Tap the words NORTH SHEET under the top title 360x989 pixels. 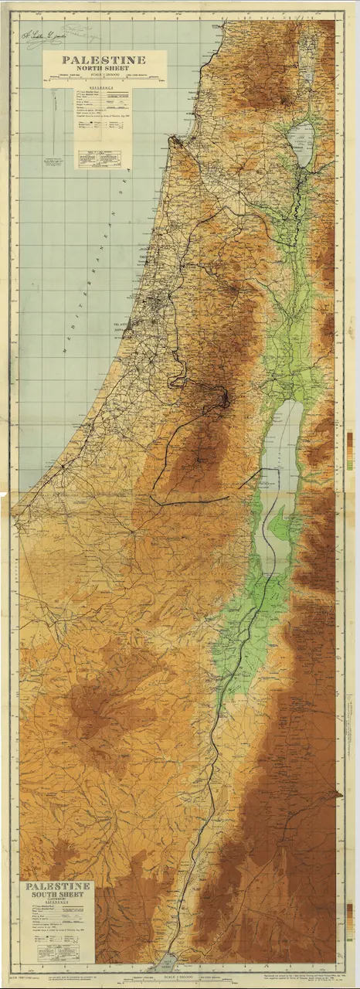coord(103,68)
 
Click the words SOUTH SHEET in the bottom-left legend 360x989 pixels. coord(59,895)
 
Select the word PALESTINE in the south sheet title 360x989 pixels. coord(59,886)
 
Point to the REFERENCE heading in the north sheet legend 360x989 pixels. coord(103,89)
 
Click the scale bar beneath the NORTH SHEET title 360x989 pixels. coord(103,76)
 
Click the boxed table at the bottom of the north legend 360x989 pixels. coord(103,155)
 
